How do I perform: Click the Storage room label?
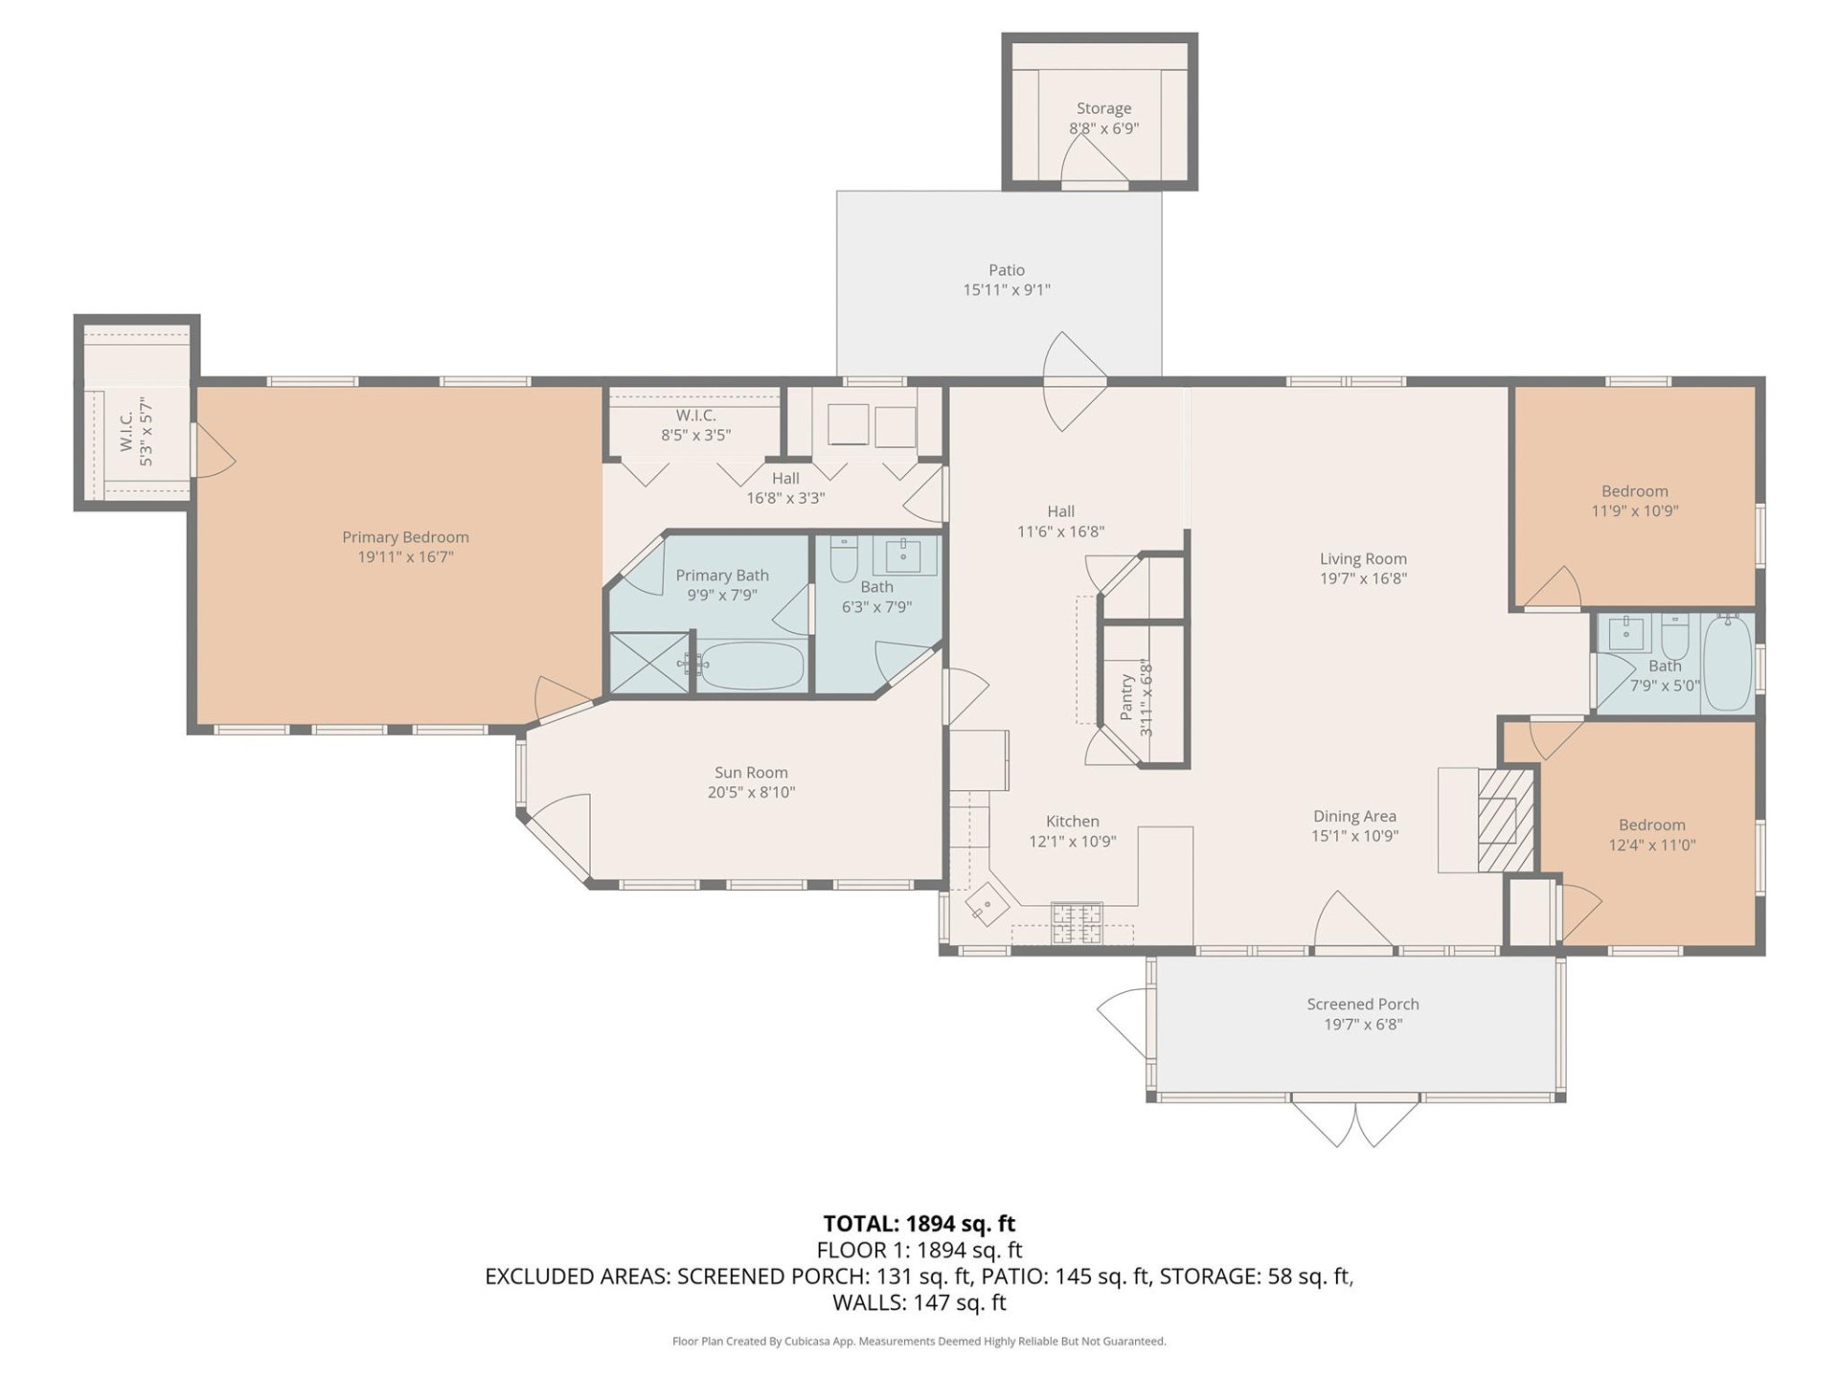click(x=1103, y=108)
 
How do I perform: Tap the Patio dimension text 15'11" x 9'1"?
click(x=1006, y=289)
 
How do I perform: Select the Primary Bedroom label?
click(x=405, y=537)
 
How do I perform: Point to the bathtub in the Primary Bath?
click(x=750, y=666)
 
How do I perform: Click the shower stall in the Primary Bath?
click(x=648, y=663)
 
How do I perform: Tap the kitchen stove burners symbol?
click(x=1077, y=923)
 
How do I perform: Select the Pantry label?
click(x=1126, y=696)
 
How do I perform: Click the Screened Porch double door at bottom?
click(x=1355, y=1122)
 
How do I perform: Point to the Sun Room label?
click(x=751, y=772)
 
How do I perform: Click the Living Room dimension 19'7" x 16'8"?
click(x=1362, y=578)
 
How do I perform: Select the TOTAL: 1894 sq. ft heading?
click(x=919, y=1223)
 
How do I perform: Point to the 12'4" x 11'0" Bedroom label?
click(x=1651, y=825)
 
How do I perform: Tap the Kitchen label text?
click(x=1072, y=821)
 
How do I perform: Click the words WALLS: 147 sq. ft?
click(x=919, y=1302)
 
